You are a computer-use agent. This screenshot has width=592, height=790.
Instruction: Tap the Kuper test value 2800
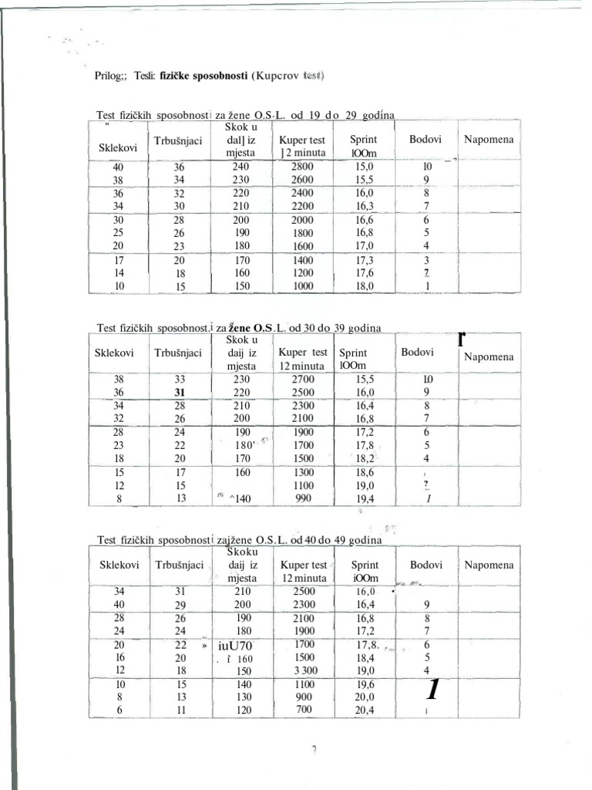point(302,166)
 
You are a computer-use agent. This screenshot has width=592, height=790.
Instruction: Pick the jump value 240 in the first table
point(241,166)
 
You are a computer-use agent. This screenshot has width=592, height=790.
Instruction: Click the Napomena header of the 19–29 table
point(489,140)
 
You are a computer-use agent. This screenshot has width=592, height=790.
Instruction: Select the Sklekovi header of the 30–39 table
point(115,353)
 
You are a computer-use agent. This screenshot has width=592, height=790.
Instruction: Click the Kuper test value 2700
point(302,380)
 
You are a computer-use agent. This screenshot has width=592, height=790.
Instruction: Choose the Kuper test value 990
point(304,498)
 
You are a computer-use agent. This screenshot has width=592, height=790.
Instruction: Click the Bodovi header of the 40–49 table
point(426,565)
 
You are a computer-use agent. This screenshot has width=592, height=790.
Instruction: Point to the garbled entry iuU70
point(236,646)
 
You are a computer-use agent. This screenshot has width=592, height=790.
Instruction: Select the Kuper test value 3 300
point(304,670)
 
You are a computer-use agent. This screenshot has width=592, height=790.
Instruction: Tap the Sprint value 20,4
point(364,711)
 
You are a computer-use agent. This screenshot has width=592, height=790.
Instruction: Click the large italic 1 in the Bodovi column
point(433,689)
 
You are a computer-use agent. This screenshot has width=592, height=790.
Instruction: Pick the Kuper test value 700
point(304,710)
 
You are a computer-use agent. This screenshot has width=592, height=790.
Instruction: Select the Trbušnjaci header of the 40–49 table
point(179,565)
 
